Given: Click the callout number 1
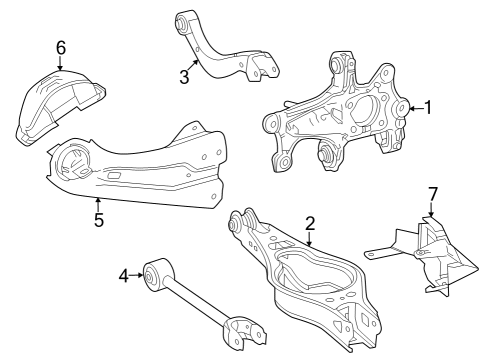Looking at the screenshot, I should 428,107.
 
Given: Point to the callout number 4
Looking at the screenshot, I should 124,273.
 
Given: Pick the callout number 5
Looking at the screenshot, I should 98,220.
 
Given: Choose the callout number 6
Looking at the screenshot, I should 60,48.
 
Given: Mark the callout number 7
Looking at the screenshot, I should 432,192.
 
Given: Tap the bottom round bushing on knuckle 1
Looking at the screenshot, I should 325,155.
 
